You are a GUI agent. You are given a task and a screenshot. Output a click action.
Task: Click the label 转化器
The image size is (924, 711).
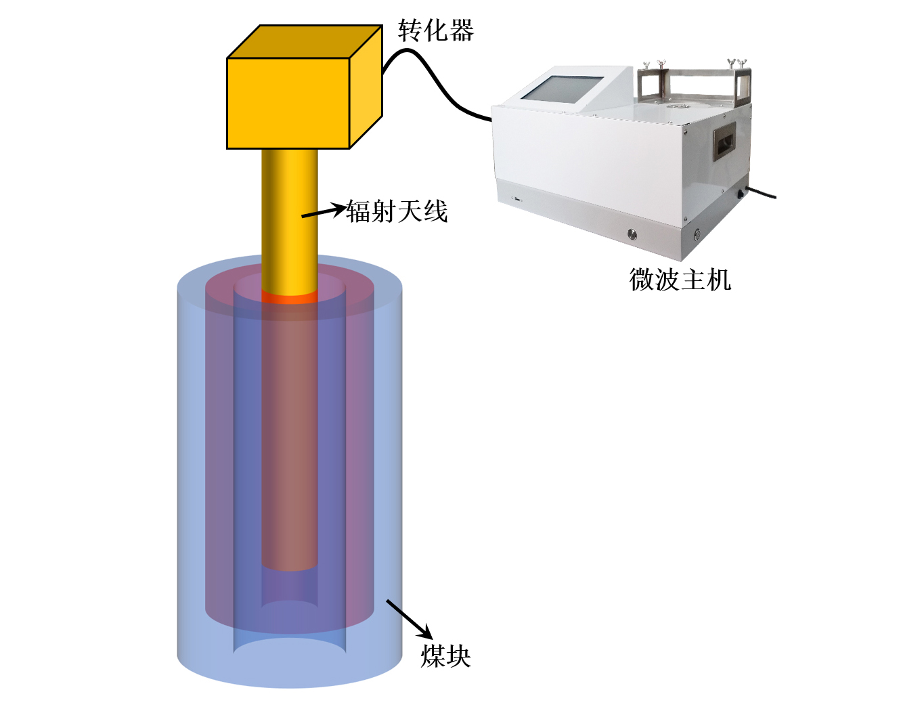pos(436,30)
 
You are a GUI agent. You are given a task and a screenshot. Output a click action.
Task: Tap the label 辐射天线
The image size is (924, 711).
pos(397,211)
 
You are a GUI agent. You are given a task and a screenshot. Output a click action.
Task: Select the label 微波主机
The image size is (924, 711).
pos(680,280)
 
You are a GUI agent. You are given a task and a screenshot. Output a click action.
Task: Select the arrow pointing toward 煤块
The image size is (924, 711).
pos(409,619)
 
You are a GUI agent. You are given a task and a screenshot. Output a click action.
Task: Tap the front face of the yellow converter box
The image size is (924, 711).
pos(288,104)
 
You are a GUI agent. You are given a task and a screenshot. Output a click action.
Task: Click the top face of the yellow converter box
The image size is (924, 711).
pos(305,42)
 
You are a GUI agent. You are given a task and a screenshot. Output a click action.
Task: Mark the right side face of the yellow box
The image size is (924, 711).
pos(366,87)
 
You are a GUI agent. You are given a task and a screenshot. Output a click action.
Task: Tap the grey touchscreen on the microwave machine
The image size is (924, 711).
pos(562,89)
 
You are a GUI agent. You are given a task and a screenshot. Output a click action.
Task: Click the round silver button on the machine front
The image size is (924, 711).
pos(632,234)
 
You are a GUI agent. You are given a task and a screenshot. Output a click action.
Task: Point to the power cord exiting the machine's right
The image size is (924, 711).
pos(762,192)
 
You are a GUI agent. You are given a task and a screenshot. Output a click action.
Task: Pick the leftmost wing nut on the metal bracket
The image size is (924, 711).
pos(646,64)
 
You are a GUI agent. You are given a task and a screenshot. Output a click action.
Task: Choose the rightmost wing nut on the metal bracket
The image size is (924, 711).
pos(743,64)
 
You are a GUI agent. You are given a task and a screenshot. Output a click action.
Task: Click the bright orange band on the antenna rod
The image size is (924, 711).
pos(290,297)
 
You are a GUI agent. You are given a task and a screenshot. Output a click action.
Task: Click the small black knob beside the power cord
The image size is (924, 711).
pos(740,195)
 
